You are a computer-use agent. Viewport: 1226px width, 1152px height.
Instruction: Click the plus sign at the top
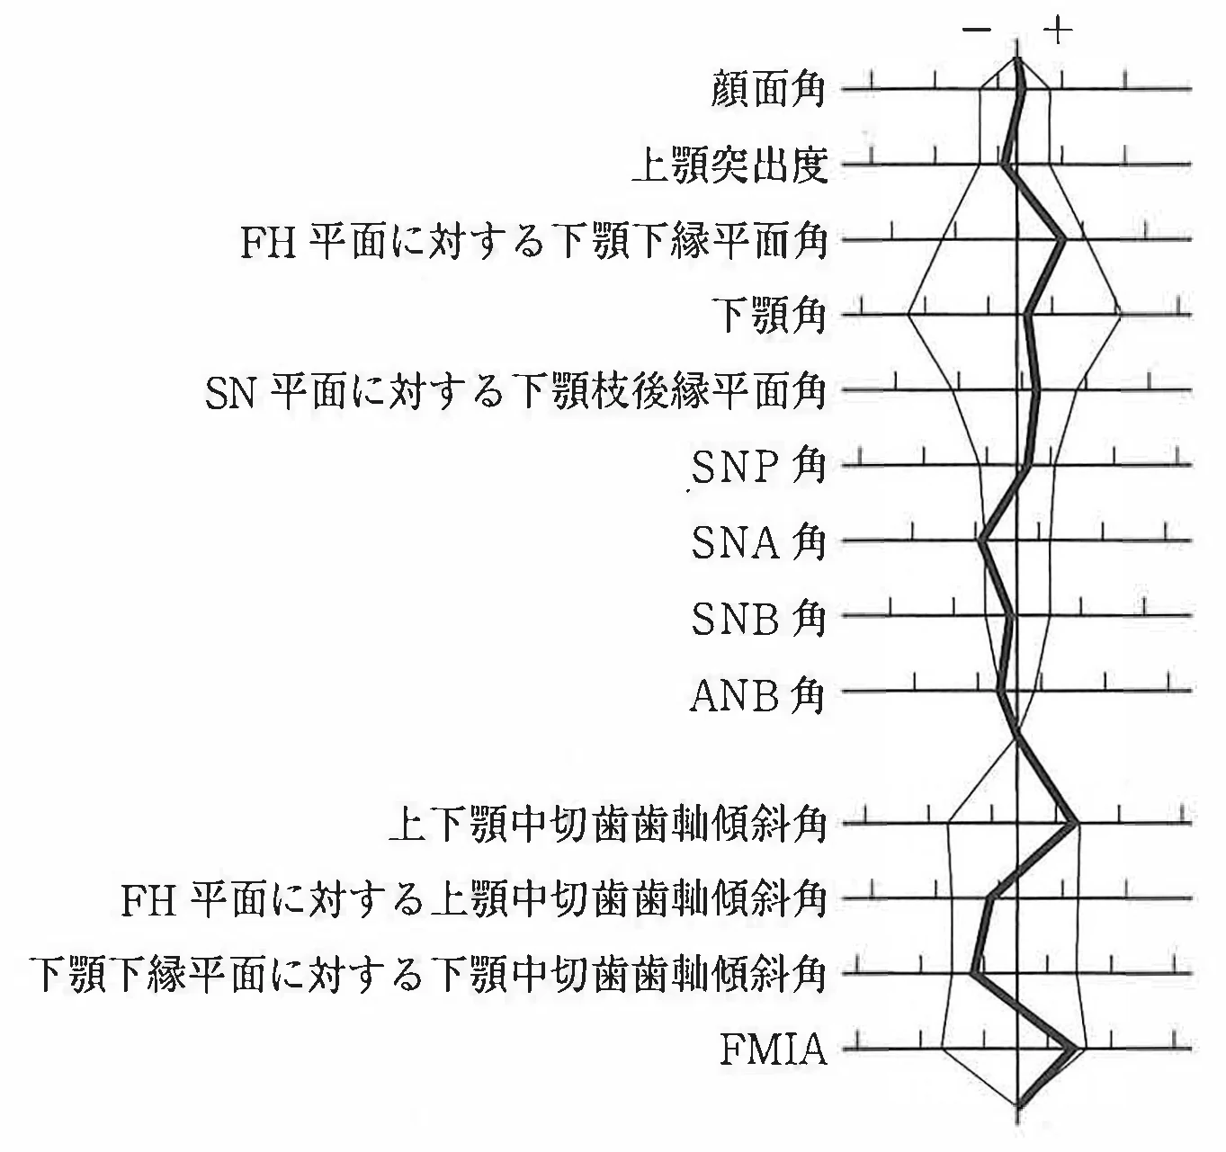(x=1058, y=31)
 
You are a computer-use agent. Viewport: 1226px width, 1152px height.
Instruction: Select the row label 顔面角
(x=768, y=90)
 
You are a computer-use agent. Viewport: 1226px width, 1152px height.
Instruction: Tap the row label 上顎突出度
(x=730, y=165)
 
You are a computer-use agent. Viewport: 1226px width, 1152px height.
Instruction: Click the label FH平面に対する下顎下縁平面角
(x=533, y=240)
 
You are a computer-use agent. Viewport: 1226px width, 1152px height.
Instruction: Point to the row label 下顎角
(x=769, y=315)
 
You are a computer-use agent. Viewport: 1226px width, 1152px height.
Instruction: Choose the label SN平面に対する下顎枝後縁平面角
(x=515, y=391)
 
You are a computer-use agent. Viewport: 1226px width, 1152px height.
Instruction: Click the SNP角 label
(x=758, y=467)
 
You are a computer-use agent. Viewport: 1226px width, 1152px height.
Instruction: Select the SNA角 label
(x=758, y=542)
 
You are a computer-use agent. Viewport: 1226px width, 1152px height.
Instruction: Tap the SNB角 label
(x=758, y=618)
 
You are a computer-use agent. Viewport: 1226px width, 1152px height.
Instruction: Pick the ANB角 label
(x=757, y=694)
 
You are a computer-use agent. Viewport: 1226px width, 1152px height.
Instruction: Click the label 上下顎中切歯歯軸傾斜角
(x=608, y=825)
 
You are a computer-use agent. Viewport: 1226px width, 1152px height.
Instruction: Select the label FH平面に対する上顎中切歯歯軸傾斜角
(x=473, y=899)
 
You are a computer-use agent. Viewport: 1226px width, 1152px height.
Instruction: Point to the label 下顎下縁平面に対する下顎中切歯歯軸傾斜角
(x=429, y=975)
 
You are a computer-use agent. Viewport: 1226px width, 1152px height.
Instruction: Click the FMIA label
(x=773, y=1049)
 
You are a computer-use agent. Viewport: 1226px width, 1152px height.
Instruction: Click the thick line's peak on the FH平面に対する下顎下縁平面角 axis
(x=1061, y=239)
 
